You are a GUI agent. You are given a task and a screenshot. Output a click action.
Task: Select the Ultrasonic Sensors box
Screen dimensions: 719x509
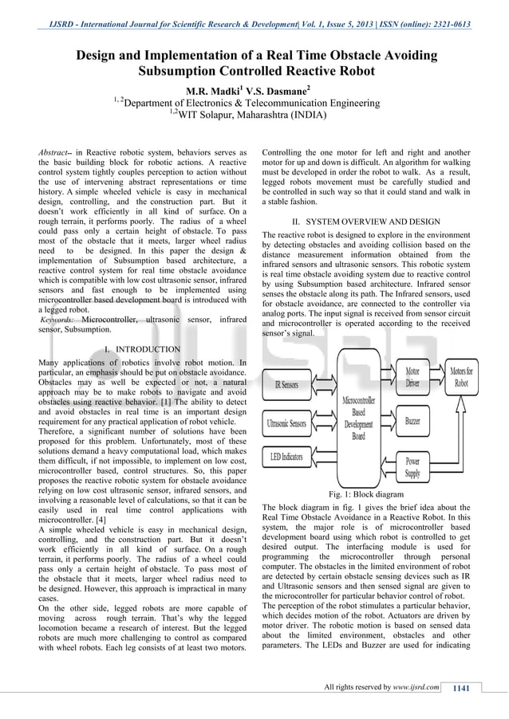coord(286,423)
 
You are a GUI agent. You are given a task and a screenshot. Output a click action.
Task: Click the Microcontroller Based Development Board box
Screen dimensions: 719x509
coord(358,419)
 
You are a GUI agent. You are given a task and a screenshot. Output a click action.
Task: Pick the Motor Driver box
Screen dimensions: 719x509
coord(412,377)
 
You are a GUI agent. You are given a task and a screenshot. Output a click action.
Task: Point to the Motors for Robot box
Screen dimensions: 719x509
coord(460,377)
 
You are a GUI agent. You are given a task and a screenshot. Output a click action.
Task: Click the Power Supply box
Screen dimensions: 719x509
coord(412,466)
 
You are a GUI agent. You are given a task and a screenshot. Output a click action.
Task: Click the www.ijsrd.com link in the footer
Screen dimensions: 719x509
coord(415,688)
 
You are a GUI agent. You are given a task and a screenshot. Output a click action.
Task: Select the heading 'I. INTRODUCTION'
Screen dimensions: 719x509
coord(143,349)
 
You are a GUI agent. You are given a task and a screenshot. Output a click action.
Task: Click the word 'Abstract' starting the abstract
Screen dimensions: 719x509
coord(55,151)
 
